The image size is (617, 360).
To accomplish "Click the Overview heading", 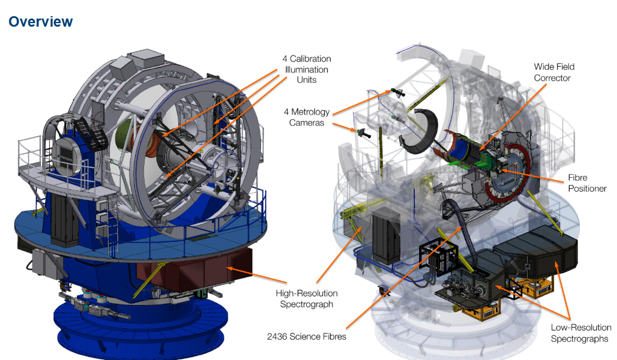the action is pyautogui.click(x=41, y=21).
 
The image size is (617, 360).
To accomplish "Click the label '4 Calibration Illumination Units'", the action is pyautogui.click(x=307, y=69).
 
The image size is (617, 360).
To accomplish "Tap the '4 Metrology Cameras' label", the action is pyautogui.click(x=307, y=117).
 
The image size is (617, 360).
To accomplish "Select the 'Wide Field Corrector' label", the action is pyautogui.click(x=554, y=72).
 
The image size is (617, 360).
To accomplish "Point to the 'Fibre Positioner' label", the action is pyautogui.click(x=587, y=183).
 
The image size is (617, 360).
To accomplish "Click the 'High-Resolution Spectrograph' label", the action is pyautogui.click(x=307, y=299).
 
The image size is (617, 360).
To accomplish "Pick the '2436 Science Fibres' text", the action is pyautogui.click(x=307, y=336).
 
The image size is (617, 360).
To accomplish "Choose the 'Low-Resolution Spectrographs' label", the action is pyautogui.click(x=581, y=333).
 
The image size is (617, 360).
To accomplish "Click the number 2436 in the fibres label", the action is pyautogui.click(x=277, y=336).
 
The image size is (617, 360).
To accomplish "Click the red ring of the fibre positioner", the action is pyautogui.click(x=508, y=173).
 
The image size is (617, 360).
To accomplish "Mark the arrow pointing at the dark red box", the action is pyautogui.click(x=256, y=274).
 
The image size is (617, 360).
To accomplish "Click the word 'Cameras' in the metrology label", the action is pyautogui.click(x=307, y=123).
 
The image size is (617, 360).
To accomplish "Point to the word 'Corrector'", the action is pyautogui.click(x=552, y=78).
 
